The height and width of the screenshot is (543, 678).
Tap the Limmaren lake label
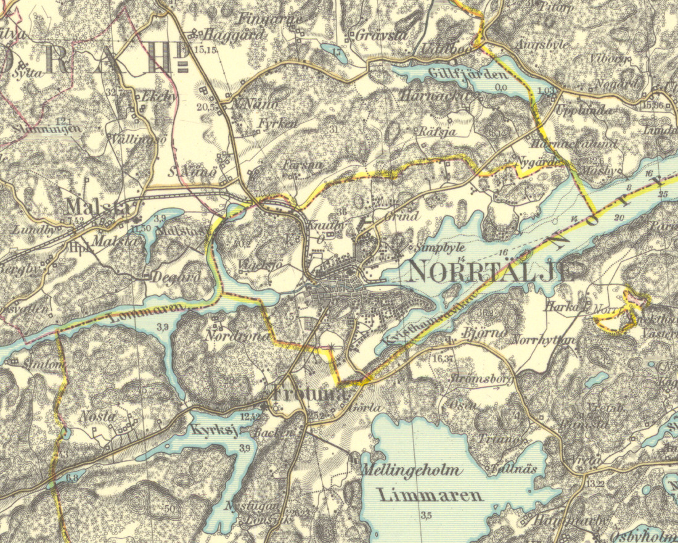point(430,495)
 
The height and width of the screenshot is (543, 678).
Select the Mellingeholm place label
point(411,471)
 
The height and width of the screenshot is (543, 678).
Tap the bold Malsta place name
point(98,205)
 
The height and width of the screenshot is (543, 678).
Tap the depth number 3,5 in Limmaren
point(425,515)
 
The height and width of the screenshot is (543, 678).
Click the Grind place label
point(401,216)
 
